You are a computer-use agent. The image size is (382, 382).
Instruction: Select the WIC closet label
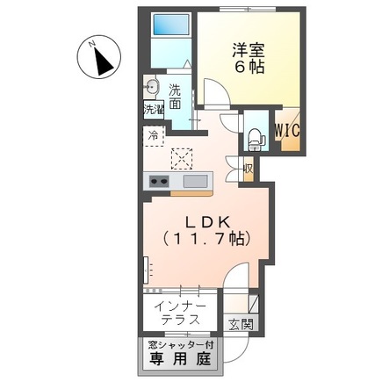(286, 129)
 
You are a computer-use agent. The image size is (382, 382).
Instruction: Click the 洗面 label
(175, 96)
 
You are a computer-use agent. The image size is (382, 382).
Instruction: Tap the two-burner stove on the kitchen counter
(160, 181)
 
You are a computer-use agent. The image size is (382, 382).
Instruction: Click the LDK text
(204, 221)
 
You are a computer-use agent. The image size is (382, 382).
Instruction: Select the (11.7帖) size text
(205, 238)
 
